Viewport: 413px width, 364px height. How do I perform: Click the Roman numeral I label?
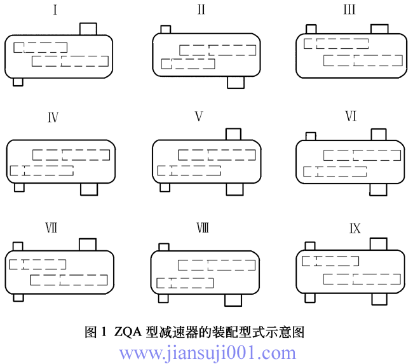coord(56,10)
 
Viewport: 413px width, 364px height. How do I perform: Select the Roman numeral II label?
coord(201,10)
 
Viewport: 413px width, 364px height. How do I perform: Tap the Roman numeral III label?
coord(349,10)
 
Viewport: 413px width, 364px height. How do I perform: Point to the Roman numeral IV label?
coord(53,118)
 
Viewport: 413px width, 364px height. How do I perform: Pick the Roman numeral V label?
coord(199,117)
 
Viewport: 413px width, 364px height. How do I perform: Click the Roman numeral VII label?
coord(50,229)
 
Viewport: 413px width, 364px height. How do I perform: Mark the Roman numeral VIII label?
coord(202,229)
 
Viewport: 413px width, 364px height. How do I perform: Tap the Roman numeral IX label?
coord(354,228)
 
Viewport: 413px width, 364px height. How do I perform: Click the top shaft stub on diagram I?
coord(88,29)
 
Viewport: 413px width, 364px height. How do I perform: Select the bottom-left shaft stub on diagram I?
coord(18,82)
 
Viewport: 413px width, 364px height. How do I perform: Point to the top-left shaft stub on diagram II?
coord(166,29)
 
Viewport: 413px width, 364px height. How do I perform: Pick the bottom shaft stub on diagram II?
coord(236,82)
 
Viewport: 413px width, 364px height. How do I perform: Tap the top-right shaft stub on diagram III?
coord(379,29)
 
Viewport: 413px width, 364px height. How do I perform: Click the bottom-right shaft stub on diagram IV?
coord(89,189)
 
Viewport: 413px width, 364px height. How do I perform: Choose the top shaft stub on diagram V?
coord(233,133)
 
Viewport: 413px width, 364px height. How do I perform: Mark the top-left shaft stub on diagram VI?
coord(311,135)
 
